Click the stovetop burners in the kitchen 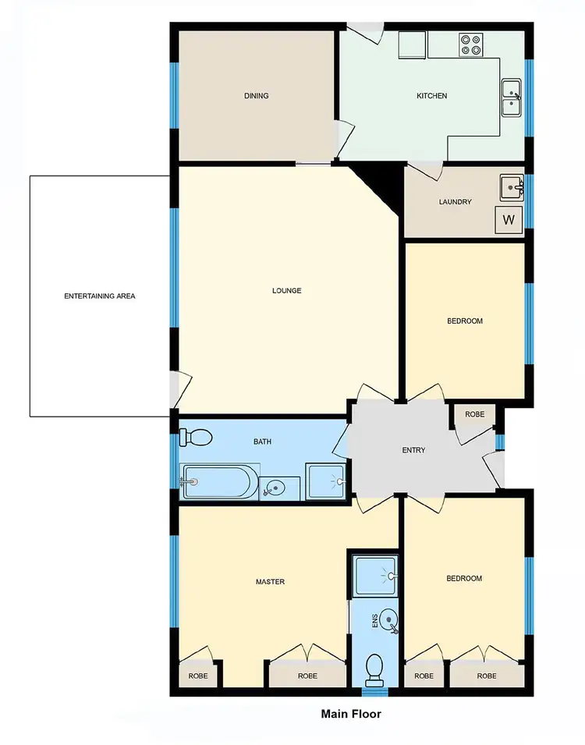click(x=470, y=45)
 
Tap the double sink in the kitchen click(x=512, y=97)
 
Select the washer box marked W click(x=509, y=220)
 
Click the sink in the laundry click(x=512, y=188)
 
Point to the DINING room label click(x=256, y=96)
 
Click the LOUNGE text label click(x=286, y=291)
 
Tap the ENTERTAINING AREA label click(x=99, y=296)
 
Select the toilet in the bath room click(x=196, y=438)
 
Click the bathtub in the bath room click(x=218, y=482)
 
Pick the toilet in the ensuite click(x=375, y=668)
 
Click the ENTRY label click(x=413, y=450)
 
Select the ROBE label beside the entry click(x=474, y=415)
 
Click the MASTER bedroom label click(x=270, y=582)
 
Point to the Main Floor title click(x=351, y=714)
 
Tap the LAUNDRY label click(x=456, y=202)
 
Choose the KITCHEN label click(x=431, y=96)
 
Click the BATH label click(x=262, y=442)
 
